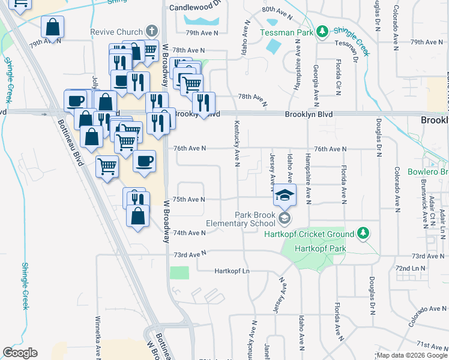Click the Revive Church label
click(116, 32)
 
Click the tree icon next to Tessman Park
click(322, 31)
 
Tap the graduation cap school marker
click(285, 196)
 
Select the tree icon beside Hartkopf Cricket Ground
click(363, 233)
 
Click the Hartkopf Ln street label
click(232, 271)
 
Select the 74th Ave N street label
click(189, 233)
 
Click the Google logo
click(20, 353)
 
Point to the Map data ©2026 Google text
click(412, 355)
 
